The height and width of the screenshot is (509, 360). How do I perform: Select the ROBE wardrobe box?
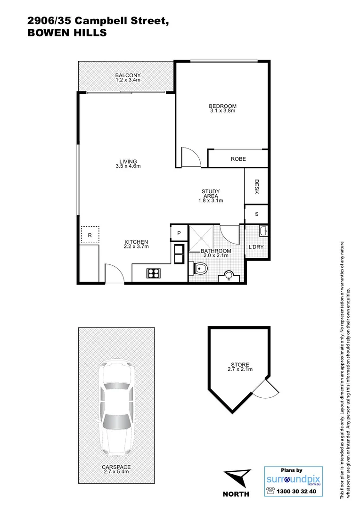tap(238, 159)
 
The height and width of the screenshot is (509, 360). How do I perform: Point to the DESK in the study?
tap(257, 186)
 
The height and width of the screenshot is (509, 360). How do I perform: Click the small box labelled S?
tap(256, 213)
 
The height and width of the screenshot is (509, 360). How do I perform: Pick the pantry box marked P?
tap(179, 233)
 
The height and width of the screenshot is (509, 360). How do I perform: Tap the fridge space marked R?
tap(90, 234)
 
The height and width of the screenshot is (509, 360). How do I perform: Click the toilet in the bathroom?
tap(201, 269)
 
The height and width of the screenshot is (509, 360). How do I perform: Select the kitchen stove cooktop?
tap(154, 272)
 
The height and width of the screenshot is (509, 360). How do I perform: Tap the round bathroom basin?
tap(229, 275)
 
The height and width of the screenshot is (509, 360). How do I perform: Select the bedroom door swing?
tap(190, 157)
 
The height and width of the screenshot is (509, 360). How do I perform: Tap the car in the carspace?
tap(116, 406)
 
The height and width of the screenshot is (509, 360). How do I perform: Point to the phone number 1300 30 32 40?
tap(297, 492)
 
